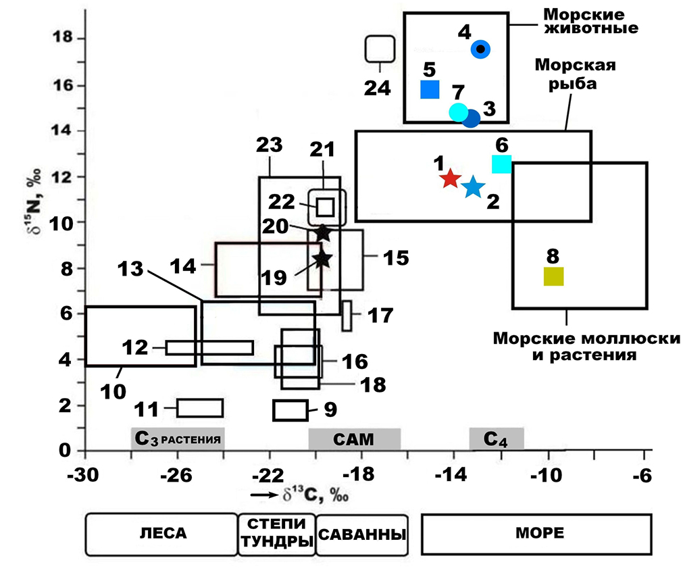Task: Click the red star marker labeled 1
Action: [x=450, y=179]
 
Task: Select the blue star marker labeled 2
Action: [x=473, y=186]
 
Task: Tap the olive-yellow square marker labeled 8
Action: [x=553, y=276]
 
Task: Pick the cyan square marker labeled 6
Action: [x=501, y=164]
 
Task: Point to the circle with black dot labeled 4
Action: [x=480, y=49]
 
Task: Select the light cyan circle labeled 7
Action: [x=458, y=112]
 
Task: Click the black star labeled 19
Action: [x=322, y=257]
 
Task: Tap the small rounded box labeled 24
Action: [x=380, y=48]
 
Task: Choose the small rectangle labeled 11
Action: [x=200, y=408]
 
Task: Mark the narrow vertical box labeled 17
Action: [x=347, y=316]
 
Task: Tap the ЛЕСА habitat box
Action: [x=161, y=534]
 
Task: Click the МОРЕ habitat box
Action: [x=536, y=534]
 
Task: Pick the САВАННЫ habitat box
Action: [x=361, y=534]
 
